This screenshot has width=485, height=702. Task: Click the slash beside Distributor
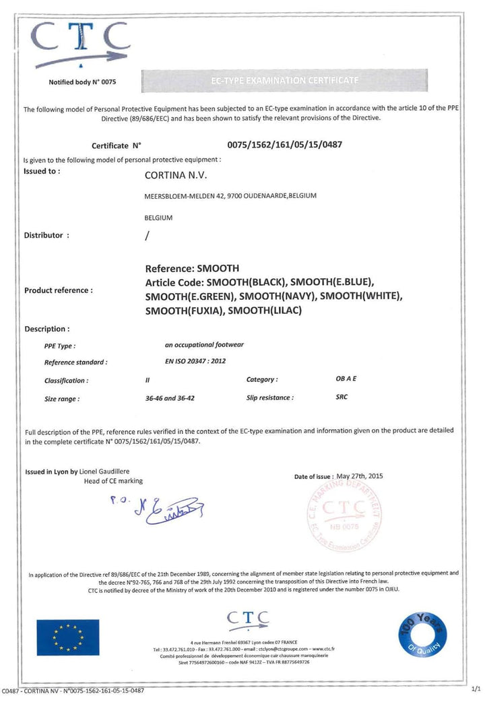click(x=148, y=236)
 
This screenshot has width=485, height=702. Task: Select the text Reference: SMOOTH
click(x=192, y=267)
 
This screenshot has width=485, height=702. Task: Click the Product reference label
click(x=58, y=290)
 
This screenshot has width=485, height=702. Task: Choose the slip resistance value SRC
click(x=342, y=397)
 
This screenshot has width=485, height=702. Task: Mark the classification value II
click(x=148, y=380)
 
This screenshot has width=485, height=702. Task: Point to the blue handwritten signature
click(x=155, y=509)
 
